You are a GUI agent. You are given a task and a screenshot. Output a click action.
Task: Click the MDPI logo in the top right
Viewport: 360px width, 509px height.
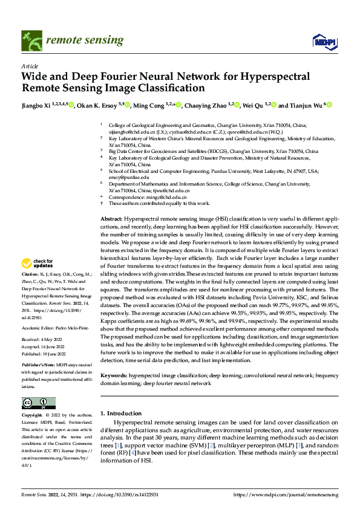(323, 41)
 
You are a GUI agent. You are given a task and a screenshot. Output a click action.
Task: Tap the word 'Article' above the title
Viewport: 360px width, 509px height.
(30, 66)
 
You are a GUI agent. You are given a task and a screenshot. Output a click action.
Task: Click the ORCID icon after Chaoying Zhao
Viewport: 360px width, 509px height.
(237, 105)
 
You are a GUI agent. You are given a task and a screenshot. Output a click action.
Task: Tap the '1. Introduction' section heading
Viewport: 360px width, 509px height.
(120, 413)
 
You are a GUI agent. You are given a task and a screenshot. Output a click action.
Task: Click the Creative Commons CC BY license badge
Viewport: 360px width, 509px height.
(38, 403)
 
